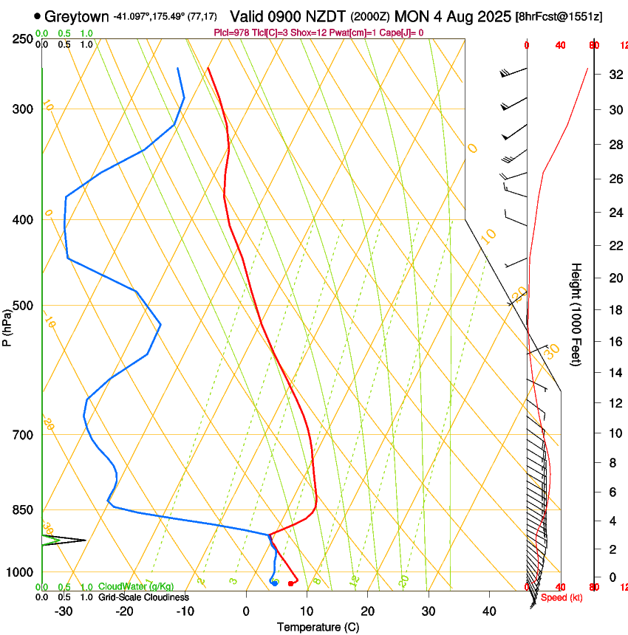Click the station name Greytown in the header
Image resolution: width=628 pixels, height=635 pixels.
point(77,16)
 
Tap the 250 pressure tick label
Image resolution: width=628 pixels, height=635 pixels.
point(23,39)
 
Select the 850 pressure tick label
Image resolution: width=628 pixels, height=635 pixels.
point(23,510)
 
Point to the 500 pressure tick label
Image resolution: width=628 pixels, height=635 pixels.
point(23,306)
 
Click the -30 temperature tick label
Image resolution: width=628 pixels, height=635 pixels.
point(64,611)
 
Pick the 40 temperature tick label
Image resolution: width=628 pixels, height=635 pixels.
point(489,611)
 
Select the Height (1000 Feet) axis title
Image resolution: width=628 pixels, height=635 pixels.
point(576,314)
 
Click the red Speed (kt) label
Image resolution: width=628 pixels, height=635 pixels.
point(562,597)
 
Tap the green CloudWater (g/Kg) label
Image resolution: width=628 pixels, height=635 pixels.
point(136,587)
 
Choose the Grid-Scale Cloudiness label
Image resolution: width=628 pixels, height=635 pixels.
point(143,597)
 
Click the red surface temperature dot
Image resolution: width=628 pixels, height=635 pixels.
point(290,584)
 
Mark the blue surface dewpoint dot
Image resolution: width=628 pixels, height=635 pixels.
point(275,583)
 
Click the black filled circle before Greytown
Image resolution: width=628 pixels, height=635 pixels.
point(38,16)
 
